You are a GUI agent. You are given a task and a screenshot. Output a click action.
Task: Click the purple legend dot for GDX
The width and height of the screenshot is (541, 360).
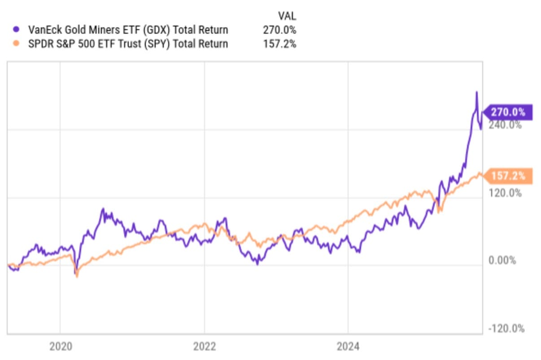pos(16,30)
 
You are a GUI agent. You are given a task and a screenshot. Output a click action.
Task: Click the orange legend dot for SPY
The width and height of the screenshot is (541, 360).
pos(16,44)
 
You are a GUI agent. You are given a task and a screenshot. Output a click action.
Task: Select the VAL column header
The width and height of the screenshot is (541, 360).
pos(287,16)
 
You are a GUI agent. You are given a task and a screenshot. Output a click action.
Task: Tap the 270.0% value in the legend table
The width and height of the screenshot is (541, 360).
pos(279,30)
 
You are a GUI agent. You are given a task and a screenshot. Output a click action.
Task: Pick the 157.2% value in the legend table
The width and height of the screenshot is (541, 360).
pos(279,44)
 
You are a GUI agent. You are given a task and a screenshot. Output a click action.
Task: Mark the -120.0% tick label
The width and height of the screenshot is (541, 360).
pos(506,328)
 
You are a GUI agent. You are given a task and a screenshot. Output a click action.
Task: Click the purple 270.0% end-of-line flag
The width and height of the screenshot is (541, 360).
pos(507,112)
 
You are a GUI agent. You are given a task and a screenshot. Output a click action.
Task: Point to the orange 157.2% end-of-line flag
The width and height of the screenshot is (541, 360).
pos(507,176)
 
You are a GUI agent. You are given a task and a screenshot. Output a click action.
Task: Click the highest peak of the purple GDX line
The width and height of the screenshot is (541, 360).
pos(476,92)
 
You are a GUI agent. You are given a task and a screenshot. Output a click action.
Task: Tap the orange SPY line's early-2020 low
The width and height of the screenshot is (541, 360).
pos(77,276)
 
